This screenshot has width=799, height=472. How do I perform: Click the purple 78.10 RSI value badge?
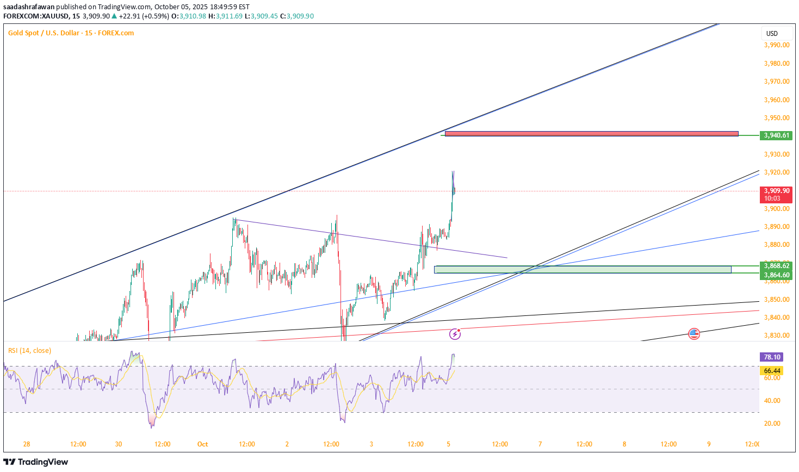[772, 357]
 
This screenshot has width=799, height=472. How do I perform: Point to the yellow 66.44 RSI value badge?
[772, 371]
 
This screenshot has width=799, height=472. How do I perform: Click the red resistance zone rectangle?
[591, 133]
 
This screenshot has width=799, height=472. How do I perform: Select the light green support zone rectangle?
[583, 269]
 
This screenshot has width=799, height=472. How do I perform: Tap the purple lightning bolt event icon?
[455, 334]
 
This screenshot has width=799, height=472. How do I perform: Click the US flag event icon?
[693, 334]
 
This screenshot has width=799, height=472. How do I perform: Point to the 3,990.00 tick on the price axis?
[776, 45]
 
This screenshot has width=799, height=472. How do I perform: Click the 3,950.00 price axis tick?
[776, 118]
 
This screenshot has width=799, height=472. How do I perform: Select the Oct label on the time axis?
[202, 444]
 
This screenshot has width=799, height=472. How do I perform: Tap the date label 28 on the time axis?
[27, 444]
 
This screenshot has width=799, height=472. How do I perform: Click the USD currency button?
[772, 33]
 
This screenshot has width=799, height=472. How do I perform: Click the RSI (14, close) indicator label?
[30, 351]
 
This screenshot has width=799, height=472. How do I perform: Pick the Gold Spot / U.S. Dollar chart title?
[71, 33]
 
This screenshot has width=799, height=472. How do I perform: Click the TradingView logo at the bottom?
[36, 462]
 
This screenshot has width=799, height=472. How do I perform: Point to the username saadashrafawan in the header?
[29, 7]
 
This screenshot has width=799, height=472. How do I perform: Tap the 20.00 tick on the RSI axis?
[772, 424]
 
